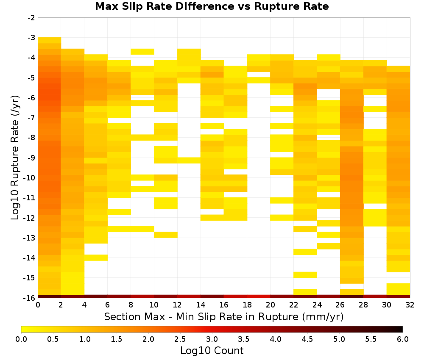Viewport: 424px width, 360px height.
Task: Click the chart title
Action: click(x=212, y=6)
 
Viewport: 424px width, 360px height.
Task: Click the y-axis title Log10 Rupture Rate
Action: click(x=15, y=158)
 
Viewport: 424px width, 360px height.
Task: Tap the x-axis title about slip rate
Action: click(x=224, y=316)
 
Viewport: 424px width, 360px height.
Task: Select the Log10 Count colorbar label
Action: click(x=212, y=351)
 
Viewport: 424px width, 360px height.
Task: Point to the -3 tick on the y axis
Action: click(x=31, y=38)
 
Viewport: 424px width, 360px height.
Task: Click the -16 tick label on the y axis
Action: click(x=30, y=298)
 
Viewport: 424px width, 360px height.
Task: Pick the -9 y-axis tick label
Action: click(x=31, y=158)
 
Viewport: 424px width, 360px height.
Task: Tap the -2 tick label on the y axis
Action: click(x=31, y=18)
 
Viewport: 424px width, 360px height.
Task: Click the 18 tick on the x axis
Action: click(x=247, y=305)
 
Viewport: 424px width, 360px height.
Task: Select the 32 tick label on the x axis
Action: click(x=410, y=305)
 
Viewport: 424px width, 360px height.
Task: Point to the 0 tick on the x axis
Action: click(x=38, y=305)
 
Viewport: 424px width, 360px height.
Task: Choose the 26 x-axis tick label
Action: click(x=340, y=305)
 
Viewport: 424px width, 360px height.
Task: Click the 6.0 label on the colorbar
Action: click(x=403, y=339)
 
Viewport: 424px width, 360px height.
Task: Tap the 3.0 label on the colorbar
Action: click(x=212, y=339)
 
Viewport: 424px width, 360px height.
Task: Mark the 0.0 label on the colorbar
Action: click(x=21, y=339)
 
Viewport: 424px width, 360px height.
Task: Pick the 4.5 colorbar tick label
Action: click(x=307, y=339)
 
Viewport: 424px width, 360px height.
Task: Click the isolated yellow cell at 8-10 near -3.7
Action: click(x=142, y=52)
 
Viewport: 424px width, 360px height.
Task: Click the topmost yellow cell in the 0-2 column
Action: click(x=50, y=40)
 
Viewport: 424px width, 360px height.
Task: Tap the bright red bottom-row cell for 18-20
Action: click(x=259, y=296)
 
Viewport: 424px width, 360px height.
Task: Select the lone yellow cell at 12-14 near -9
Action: click(x=189, y=161)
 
